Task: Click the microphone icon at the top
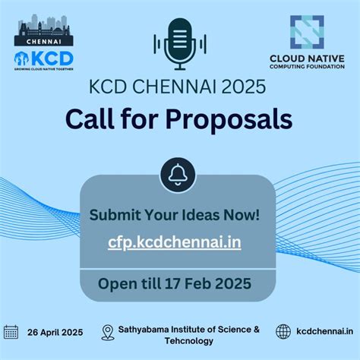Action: [x=179, y=43]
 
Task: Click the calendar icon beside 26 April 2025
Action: [x=11, y=331]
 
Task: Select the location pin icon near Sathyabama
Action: [x=108, y=332]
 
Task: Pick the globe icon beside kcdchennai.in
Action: [x=283, y=331]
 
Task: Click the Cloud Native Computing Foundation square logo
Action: [x=306, y=32]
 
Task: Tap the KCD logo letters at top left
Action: [x=52, y=58]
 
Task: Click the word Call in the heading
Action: [x=90, y=118]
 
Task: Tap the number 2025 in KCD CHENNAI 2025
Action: [x=241, y=87]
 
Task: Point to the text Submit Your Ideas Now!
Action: [x=175, y=214]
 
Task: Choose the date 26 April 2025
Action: [x=55, y=332]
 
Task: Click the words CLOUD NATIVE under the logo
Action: [x=306, y=58]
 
